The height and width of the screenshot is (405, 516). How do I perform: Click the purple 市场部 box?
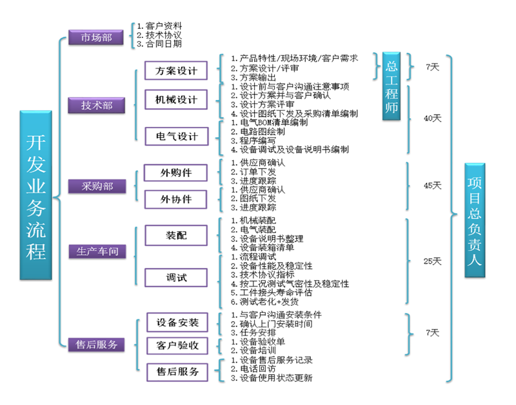[x=95, y=37]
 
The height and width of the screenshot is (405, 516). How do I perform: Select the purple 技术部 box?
[x=96, y=106]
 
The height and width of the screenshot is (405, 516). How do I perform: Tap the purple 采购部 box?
[x=97, y=186]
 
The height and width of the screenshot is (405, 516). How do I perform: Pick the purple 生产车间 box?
[x=97, y=252]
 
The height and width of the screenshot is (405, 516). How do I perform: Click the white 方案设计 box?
[x=176, y=70]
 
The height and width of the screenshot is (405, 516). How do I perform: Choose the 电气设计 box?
[x=177, y=137]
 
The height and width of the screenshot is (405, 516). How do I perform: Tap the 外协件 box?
[x=175, y=199]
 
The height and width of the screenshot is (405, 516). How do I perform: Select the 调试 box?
[x=176, y=278]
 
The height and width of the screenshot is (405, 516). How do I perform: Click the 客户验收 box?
[x=177, y=346]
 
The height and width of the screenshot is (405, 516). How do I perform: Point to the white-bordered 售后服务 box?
[x=177, y=372]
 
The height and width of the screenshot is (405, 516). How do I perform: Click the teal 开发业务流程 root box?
[x=36, y=196]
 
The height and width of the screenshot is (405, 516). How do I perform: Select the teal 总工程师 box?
[x=392, y=86]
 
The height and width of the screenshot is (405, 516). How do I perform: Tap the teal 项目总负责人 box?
[x=475, y=220]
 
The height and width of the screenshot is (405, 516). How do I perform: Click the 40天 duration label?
[x=432, y=118]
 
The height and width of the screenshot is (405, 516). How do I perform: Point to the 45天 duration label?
[x=432, y=185]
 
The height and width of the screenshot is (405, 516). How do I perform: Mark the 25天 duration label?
[x=432, y=261]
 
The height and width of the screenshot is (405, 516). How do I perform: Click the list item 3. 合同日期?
[x=159, y=44]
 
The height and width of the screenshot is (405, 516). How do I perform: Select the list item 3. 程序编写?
[x=253, y=141]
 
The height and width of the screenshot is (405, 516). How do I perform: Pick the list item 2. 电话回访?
[x=253, y=369]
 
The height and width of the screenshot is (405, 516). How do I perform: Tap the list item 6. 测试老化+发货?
[x=264, y=302]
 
